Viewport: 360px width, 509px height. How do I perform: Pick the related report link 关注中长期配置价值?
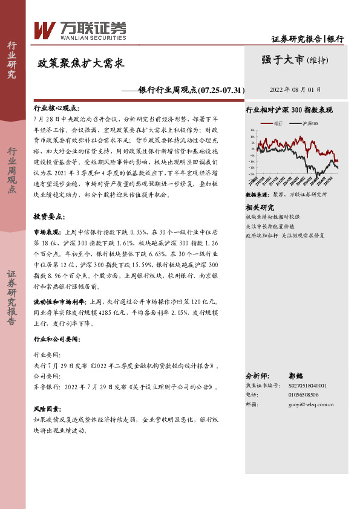point(270,225)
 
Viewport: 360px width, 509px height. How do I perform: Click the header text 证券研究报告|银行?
point(307,39)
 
